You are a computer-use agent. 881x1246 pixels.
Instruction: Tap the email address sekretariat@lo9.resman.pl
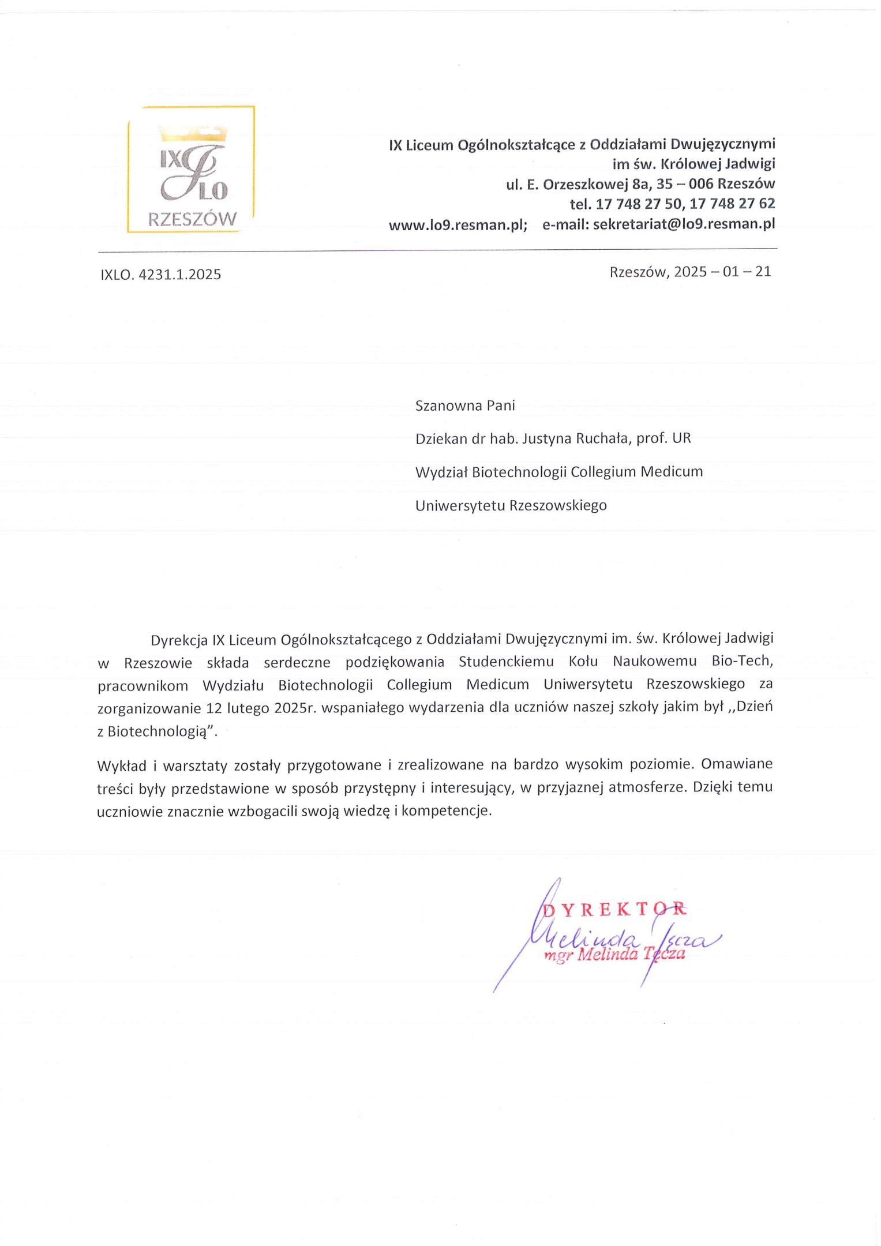click(x=684, y=224)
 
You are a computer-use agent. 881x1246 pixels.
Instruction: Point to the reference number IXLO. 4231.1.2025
click(x=160, y=275)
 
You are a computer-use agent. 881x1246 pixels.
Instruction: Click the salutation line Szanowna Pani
click(x=465, y=406)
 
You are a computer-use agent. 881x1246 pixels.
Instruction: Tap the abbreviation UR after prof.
click(x=681, y=438)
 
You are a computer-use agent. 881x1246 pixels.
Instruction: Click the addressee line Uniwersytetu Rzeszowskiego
click(x=511, y=506)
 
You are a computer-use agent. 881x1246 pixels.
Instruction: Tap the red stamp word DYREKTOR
click(x=615, y=910)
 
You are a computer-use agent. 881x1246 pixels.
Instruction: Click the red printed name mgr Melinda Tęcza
click(x=614, y=955)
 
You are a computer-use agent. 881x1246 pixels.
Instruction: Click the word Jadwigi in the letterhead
click(x=749, y=164)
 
